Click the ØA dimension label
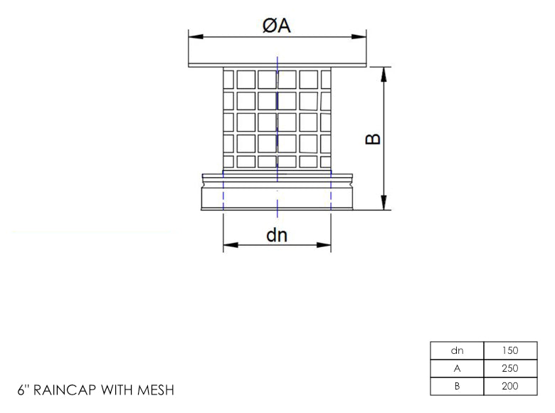[x=277, y=26]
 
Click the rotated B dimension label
[x=373, y=139]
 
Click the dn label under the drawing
[x=277, y=234]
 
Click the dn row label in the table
[x=458, y=351]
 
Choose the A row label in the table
[x=458, y=369]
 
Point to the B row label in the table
[x=458, y=387]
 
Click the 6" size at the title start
[x=23, y=390]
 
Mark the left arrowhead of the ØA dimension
[x=193, y=36]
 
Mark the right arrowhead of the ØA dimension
[x=360, y=36]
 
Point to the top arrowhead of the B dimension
[x=384, y=73]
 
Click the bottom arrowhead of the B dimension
[x=384, y=205]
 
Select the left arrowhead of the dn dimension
[x=228, y=246]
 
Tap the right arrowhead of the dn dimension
[x=326, y=246]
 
